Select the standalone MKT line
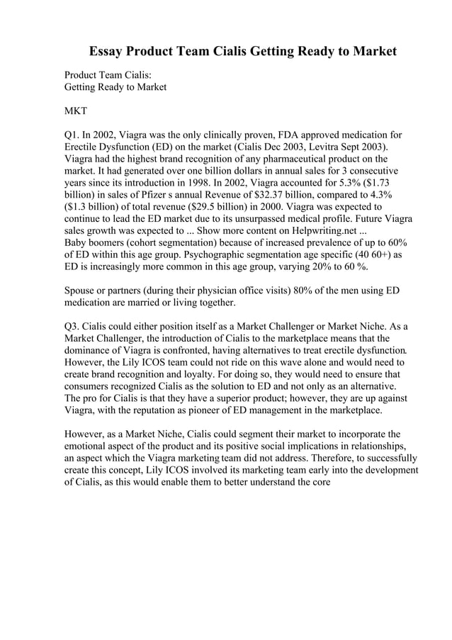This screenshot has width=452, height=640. point(76,111)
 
